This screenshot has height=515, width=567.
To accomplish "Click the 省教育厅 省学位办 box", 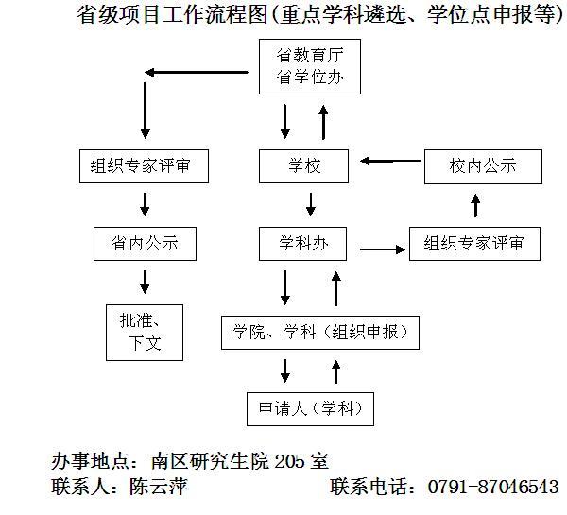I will (x=304, y=67).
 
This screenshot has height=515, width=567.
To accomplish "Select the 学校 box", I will (x=304, y=166).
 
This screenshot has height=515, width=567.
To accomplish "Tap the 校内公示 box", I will (x=483, y=166).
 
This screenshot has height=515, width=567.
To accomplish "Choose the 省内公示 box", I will (x=144, y=245).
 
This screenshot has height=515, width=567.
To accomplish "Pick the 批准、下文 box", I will (x=146, y=331).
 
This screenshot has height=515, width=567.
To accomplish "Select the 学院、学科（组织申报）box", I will (x=319, y=332).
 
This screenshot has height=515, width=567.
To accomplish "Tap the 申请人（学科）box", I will (x=309, y=409).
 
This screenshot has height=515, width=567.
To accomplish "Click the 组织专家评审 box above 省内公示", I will (x=144, y=166).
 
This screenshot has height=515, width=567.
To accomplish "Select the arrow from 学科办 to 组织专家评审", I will (x=379, y=249).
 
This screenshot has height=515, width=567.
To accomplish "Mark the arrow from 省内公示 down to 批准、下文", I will (x=145, y=281).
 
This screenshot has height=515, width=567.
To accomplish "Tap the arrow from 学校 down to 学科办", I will (x=310, y=204).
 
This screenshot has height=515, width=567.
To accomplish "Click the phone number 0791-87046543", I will (x=493, y=488).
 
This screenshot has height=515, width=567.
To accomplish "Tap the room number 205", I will (x=292, y=463).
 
